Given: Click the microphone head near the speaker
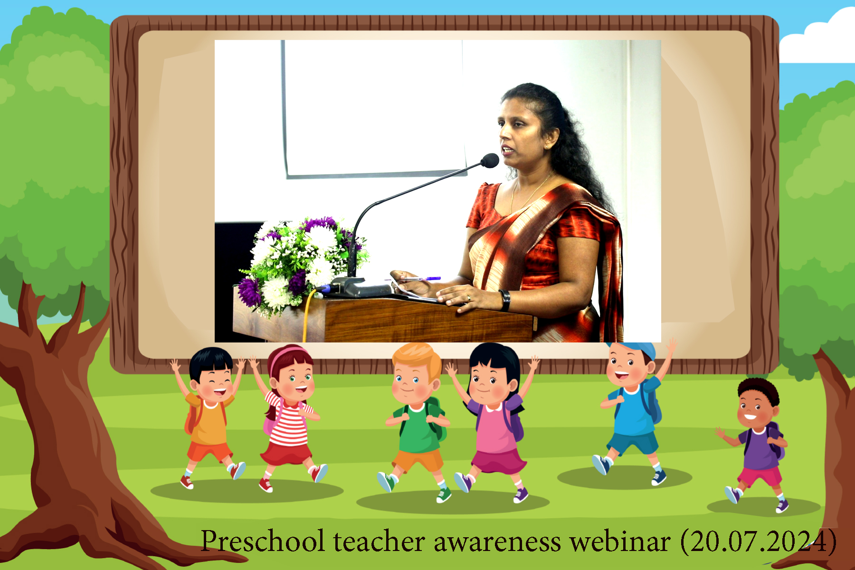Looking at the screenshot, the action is click(x=490, y=161).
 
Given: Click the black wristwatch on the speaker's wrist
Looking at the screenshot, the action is click(x=505, y=300).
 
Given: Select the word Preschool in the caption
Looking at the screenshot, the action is click(x=263, y=541).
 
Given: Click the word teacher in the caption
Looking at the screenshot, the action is click(x=379, y=541).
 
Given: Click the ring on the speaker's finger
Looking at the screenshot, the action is click(x=468, y=298).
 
